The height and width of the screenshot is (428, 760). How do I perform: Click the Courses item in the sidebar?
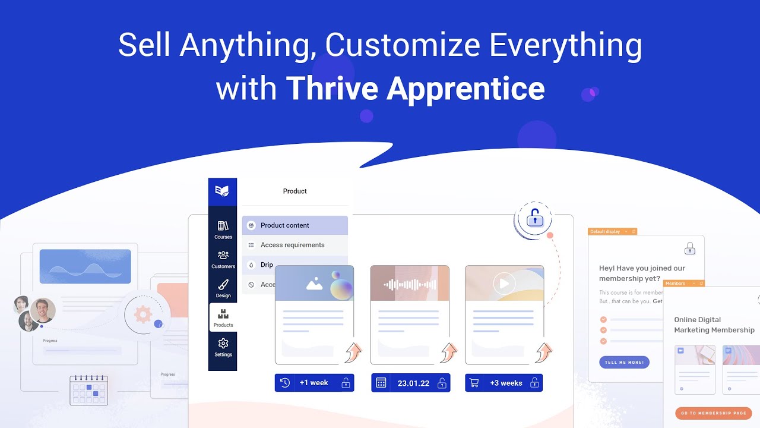tap(223, 229)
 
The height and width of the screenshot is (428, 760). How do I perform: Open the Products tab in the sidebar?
tap(223, 317)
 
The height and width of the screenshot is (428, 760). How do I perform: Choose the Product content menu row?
tap(295, 225)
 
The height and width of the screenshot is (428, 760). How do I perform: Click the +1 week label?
tap(313, 383)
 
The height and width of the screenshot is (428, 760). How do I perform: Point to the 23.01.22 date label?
tap(413, 383)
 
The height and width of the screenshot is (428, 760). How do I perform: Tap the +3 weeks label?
tap(506, 383)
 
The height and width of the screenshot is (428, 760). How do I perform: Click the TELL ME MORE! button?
tap(624, 362)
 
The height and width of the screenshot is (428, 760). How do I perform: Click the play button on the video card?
tap(504, 284)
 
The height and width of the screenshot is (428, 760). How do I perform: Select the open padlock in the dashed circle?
tap(535, 219)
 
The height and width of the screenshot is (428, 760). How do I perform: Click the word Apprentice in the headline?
tap(465, 89)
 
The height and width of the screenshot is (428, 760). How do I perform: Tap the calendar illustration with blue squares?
tap(89, 390)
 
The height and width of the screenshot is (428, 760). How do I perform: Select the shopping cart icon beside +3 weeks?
tap(474, 383)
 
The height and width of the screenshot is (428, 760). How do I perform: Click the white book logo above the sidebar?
tap(223, 191)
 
